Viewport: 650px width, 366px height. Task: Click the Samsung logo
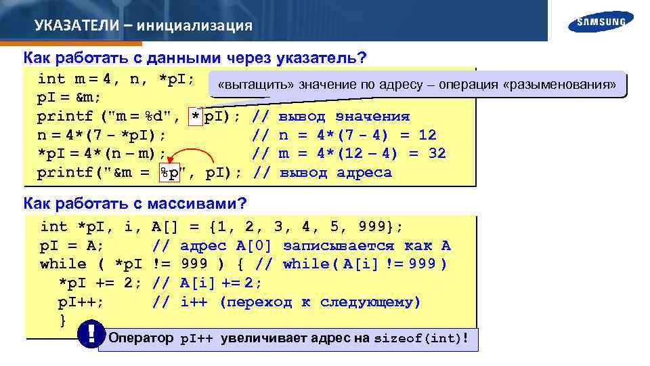(x=601, y=21)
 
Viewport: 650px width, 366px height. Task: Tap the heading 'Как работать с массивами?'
(x=135, y=203)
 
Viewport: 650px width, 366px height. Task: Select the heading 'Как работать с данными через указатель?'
(x=190, y=57)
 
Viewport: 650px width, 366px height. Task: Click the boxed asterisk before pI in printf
(x=196, y=116)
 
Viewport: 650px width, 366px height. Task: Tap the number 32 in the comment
(x=437, y=154)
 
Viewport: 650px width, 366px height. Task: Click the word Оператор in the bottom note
(x=142, y=338)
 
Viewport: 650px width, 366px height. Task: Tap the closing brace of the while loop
(x=64, y=320)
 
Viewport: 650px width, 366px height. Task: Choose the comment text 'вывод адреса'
(x=335, y=173)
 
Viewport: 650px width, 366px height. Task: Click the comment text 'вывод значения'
(x=344, y=116)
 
